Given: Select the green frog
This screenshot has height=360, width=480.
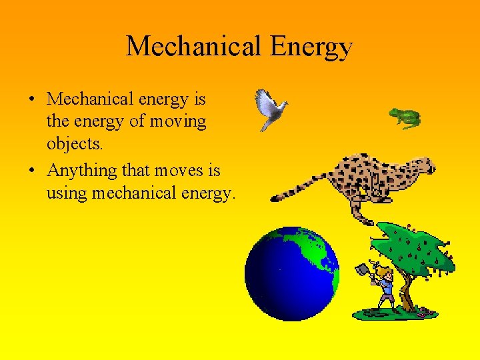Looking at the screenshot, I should pyautogui.click(x=405, y=118).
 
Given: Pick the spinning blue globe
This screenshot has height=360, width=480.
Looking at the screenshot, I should pyautogui.click(x=291, y=273).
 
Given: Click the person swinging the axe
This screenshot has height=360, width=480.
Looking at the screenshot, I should pyautogui.click(x=383, y=287).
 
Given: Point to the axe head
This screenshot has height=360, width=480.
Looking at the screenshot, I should pyautogui.click(x=363, y=270).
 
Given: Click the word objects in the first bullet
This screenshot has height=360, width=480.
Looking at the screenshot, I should pyautogui.click(x=73, y=144).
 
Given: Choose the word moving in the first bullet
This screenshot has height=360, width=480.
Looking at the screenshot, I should pyautogui.click(x=179, y=122).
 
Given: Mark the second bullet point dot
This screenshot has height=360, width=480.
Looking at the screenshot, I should pyautogui.click(x=32, y=171).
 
